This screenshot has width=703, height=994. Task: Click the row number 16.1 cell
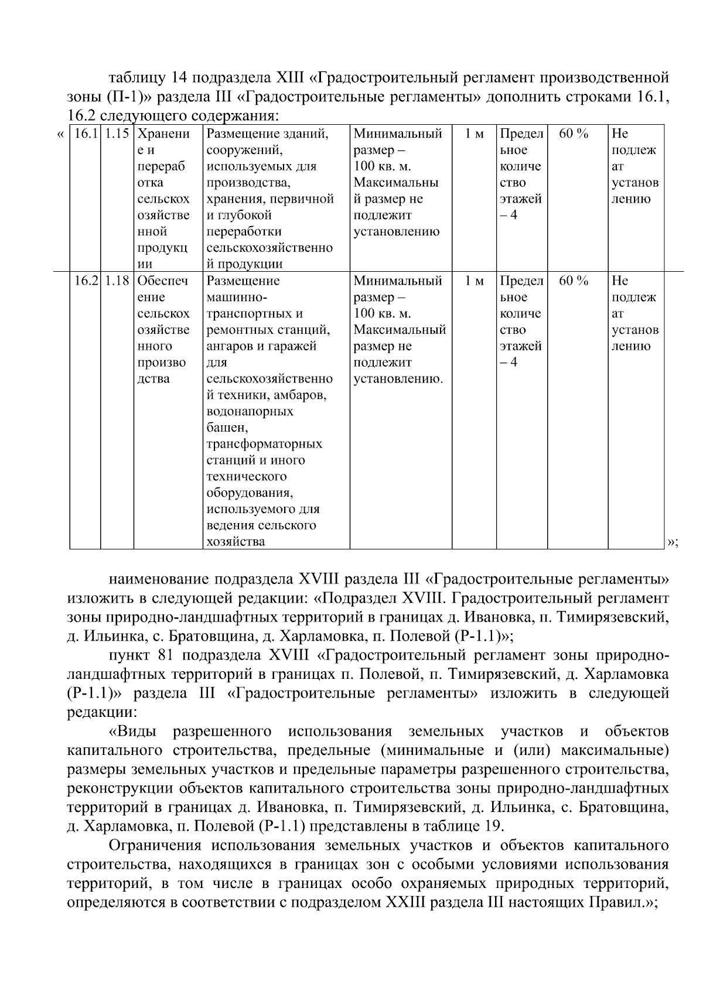coord(85,134)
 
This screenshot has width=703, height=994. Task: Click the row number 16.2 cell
coord(85,281)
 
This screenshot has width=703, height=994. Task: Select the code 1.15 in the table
coord(117,134)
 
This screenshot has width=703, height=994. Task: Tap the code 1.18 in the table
coord(117,281)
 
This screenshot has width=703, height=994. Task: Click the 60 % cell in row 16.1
coord(574,134)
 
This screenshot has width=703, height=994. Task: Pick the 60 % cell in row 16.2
coord(574,281)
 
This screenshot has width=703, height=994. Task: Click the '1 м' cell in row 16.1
coord(474,134)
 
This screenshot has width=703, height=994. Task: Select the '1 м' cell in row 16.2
coord(474,281)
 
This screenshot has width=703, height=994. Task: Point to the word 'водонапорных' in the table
coord(250,412)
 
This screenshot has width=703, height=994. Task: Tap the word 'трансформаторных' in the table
coord(264,444)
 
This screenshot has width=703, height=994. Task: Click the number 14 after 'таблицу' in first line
coord(179,78)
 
